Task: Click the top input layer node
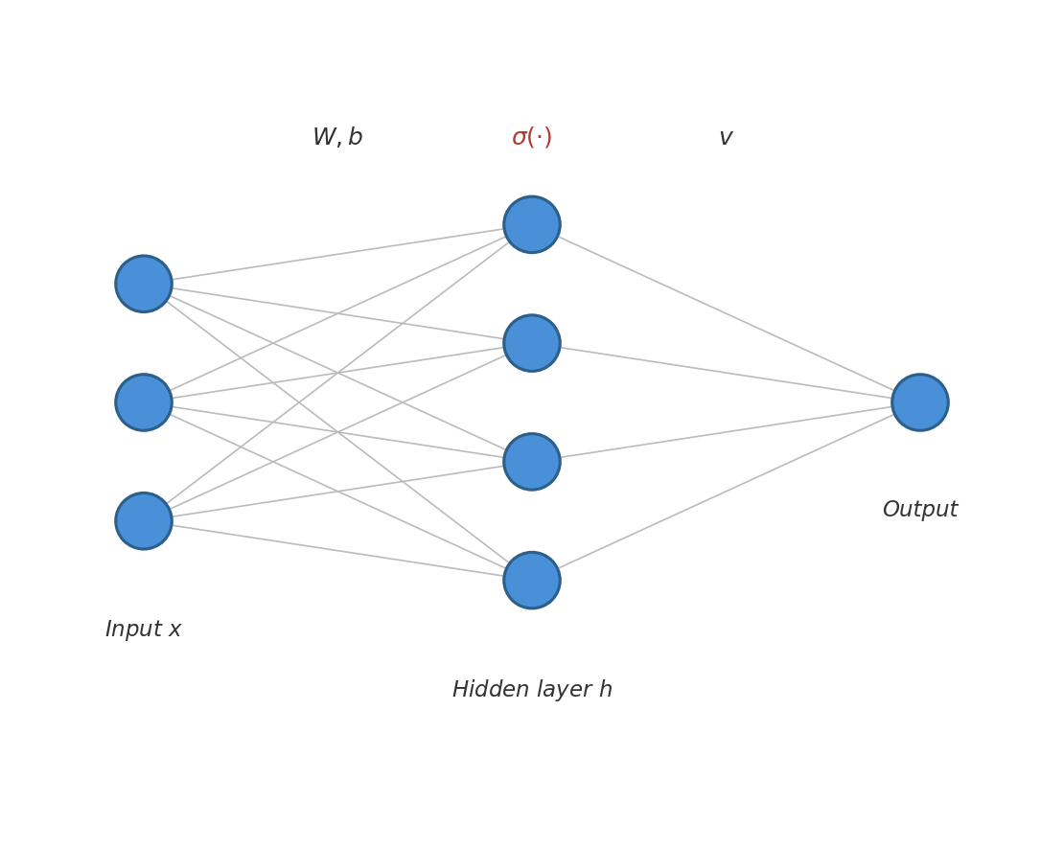(x=144, y=284)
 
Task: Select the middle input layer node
(x=144, y=402)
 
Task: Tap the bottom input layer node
(x=144, y=521)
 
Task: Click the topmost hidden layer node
(x=532, y=225)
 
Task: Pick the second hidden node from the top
(x=532, y=343)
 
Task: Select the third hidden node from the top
(x=532, y=462)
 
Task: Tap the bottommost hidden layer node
(x=532, y=581)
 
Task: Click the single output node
(x=920, y=402)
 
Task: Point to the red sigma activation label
(x=532, y=138)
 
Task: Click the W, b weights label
(x=337, y=138)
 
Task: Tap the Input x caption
(x=144, y=630)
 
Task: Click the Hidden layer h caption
(x=532, y=690)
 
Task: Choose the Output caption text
(x=920, y=510)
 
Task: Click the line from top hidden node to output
(x=726, y=313)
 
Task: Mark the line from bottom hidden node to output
(x=726, y=492)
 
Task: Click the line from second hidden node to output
(x=726, y=373)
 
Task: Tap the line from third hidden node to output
(x=726, y=432)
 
